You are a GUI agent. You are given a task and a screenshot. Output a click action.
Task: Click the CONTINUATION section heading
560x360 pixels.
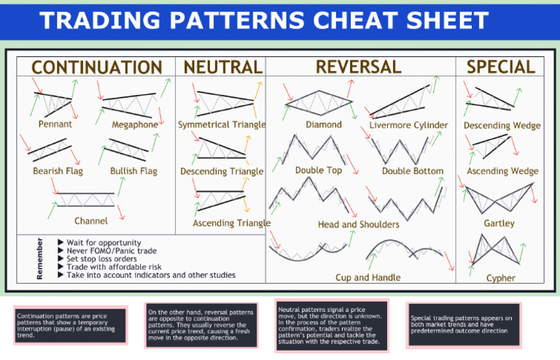[x=97, y=67]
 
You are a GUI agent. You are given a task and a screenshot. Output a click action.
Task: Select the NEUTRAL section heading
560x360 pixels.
[x=223, y=67]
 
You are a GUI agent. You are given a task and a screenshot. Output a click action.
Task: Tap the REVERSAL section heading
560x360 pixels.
[x=359, y=67]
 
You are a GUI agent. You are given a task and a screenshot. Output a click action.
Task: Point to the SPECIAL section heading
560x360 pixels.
[x=501, y=67]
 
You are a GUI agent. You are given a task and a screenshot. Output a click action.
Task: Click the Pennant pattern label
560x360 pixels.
[x=55, y=124]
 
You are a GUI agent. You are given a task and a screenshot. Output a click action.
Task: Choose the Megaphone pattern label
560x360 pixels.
[x=135, y=125]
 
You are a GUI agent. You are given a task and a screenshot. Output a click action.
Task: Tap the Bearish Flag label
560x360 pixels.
[x=58, y=171]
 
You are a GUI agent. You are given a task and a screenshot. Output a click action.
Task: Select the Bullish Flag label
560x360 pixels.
[x=133, y=171]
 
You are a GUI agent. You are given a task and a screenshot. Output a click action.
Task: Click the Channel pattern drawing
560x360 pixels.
[x=86, y=200]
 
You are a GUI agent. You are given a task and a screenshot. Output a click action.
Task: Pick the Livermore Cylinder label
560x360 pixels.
[x=408, y=125]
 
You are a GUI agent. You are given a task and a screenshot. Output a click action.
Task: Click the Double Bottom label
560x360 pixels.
[x=413, y=171]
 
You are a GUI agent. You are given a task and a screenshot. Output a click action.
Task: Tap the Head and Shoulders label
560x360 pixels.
[x=359, y=224]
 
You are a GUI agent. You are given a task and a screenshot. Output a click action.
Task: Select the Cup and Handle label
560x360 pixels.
[x=367, y=277]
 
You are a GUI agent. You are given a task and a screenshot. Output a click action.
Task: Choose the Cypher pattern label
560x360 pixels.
[x=501, y=278]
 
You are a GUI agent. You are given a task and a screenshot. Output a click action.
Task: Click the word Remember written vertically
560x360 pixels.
[x=39, y=259]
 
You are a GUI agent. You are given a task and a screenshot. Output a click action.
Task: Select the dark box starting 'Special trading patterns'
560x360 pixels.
[x=464, y=325]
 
